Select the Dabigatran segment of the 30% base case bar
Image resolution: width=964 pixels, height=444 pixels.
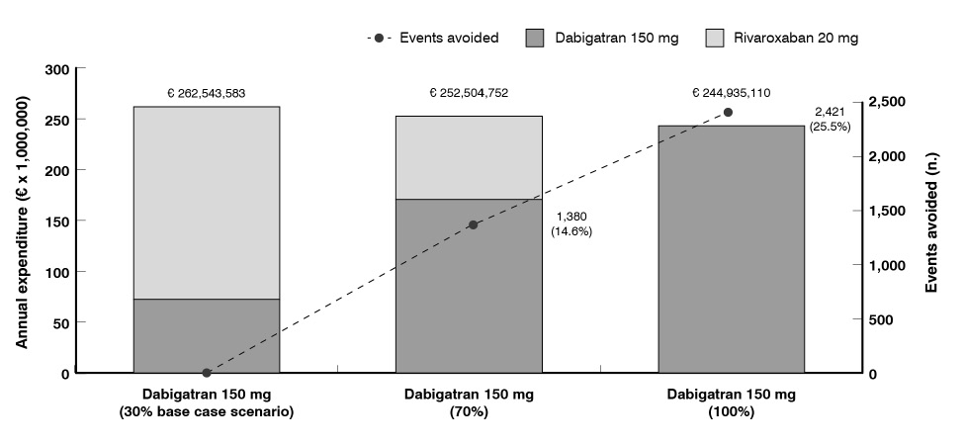click(x=206, y=336)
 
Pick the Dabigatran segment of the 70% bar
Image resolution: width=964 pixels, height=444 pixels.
click(x=469, y=287)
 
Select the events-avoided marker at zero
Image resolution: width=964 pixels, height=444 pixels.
click(x=207, y=373)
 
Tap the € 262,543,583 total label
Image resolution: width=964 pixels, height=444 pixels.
click(x=206, y=94)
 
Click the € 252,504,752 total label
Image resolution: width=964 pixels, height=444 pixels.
click(x=469, y=93)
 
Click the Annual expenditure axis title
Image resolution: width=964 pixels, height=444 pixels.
click(x=22, y=222)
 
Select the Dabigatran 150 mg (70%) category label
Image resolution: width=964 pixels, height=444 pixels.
click(x=469, y=402)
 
